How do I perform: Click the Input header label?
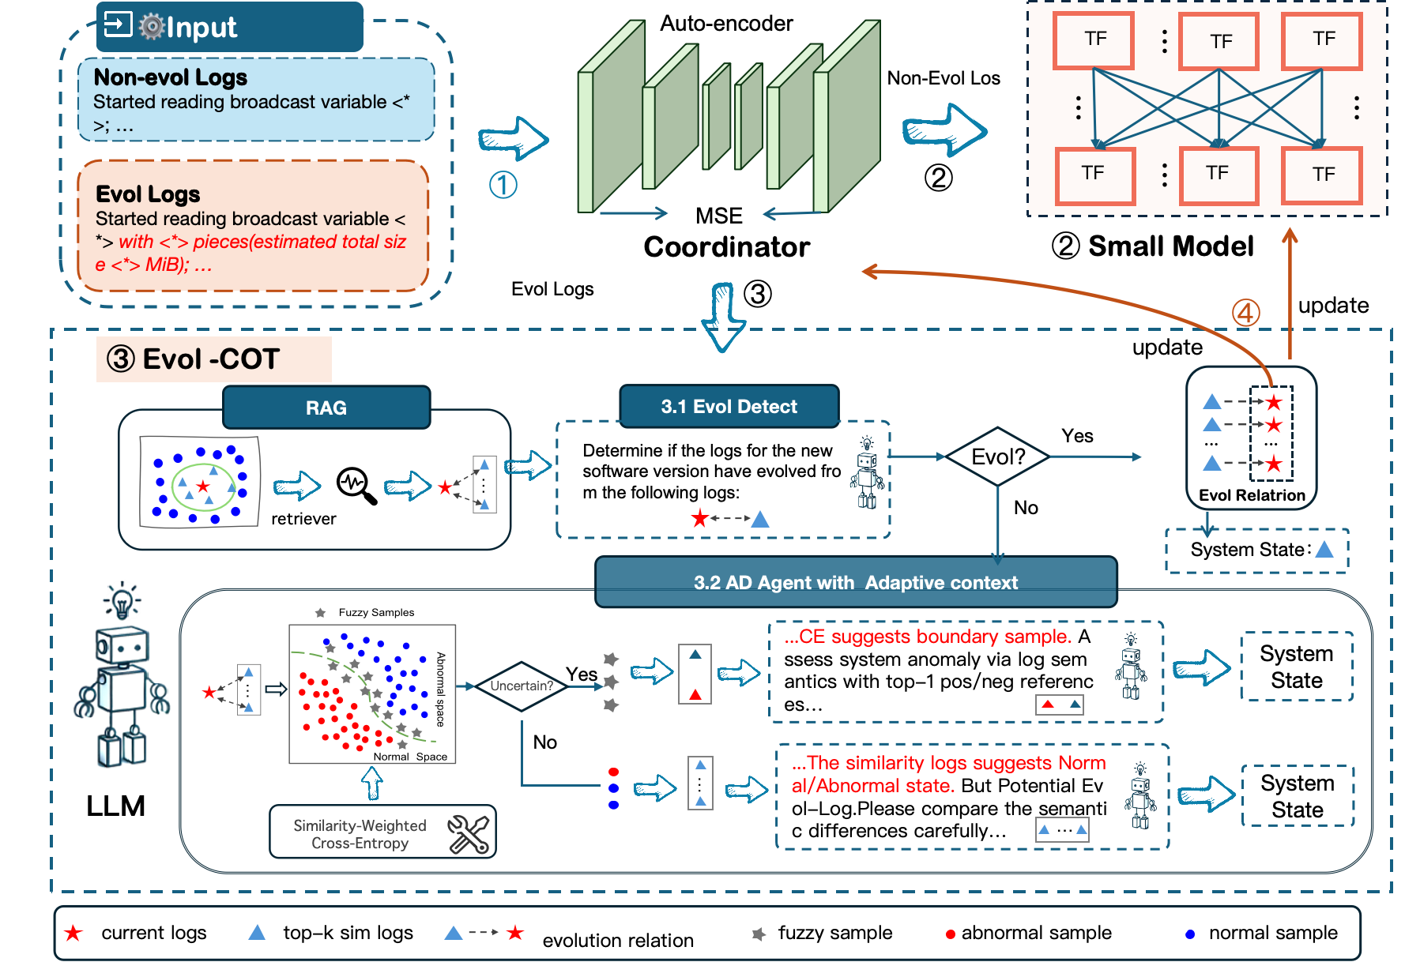tap(201, 28)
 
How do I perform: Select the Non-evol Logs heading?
tap(170, 77)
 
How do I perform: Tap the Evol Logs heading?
tap(148, 194)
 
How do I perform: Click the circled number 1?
tap(503, 186)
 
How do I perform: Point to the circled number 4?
tap(1246, 313)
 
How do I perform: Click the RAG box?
tap(326, 408)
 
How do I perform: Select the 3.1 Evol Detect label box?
tap(729, 407)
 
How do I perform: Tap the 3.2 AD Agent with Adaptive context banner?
tap(856, 583)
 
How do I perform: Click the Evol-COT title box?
tap(213, 359)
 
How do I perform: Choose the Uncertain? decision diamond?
tap(522, 686)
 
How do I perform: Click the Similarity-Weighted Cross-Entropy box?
tap(360, 834)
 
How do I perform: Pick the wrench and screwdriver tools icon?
tap(469, 834)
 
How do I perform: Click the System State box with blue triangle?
tap(1256, 551)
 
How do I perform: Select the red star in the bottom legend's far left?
tap(73, 934)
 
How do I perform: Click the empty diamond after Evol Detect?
tap(997, 457)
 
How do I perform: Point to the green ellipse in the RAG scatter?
tap(204, 487)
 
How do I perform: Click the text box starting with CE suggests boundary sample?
tap(966, 671)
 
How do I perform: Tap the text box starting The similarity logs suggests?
tap(972, 796)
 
